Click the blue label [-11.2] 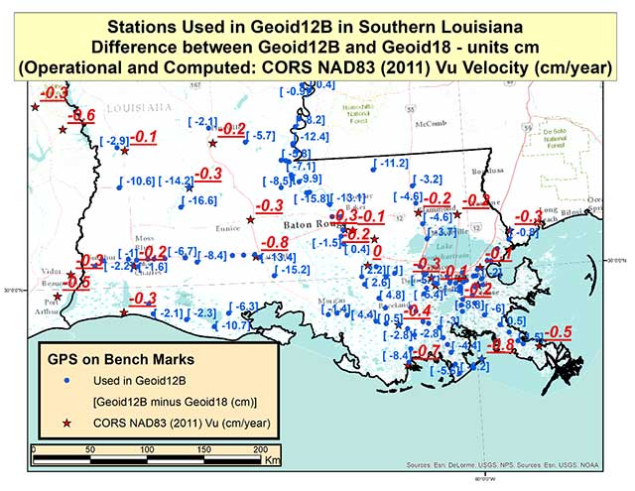pos(391,163)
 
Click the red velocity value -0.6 pos(81,116)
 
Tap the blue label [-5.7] pos(261,135)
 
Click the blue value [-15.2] pos(295,270)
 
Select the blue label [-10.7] pos(235,325)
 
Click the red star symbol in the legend pos(67,424)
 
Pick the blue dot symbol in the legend pos(67,380)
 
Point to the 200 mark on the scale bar pos(203,449)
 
